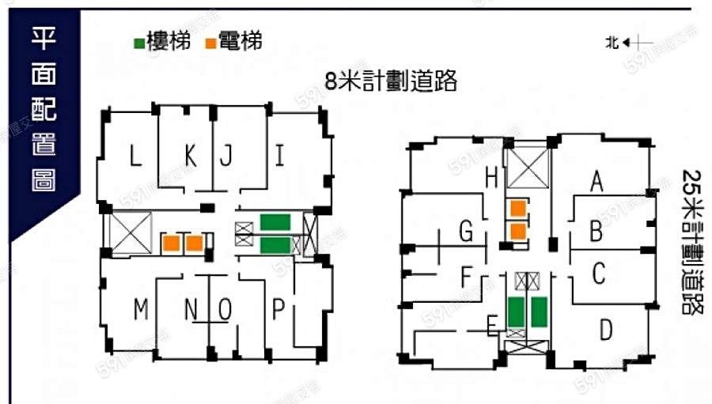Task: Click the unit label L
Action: [x=136, y=157]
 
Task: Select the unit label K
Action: [x=190, y=157]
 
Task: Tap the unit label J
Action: [x=225, y=157]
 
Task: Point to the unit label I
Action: [x=279, y=156]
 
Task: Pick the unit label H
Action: [x=491, y=179]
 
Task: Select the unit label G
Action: [x=466, y=232]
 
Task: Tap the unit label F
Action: [x=467, y=278]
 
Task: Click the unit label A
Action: [x=597, y=183]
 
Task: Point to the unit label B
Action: [x=597, y=232]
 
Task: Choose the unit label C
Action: [x=599, y=274]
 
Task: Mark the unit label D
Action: [x=606, y=328]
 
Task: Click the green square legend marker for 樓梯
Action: [x=139, y=42]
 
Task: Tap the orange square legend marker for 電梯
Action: [x=211, y=42]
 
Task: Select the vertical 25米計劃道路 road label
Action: [x=691, y=242]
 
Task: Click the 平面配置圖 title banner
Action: [x=44, y=111]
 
